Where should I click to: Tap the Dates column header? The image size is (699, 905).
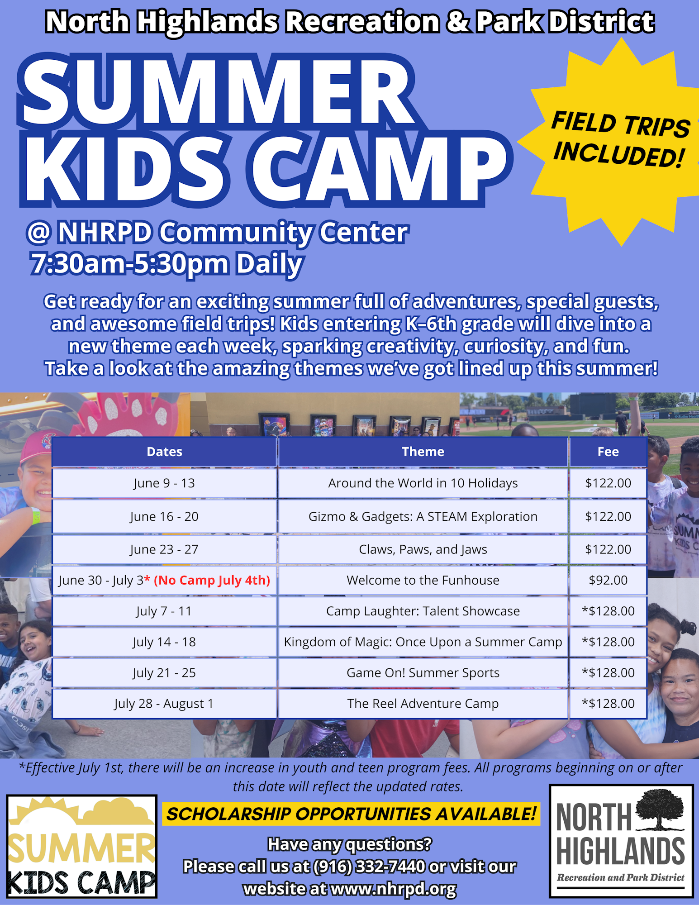tap(164, 452)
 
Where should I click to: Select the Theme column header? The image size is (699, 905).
tap(423, 452)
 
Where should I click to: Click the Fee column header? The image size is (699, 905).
tap(608, 452)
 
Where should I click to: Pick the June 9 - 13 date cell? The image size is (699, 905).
tap(164, 483)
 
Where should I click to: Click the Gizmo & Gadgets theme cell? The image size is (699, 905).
tap(423, 516)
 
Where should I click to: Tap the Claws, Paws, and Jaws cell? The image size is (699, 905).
tap(423, 549)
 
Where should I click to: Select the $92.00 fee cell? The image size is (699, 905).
tap(608, 580)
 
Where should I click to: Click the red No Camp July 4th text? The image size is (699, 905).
tap(212, 580)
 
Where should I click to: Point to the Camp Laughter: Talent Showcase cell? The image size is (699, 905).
tap(423, 611)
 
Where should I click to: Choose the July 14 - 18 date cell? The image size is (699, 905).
tap(164, 642)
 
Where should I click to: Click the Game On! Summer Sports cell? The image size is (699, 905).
tap(423, 673)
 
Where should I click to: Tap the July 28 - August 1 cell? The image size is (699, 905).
tap(164, 704)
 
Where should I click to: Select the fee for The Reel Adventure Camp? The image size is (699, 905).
tap(608, 704)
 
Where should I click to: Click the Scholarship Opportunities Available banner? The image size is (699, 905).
tap(351, 814)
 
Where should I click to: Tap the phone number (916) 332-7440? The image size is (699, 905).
tap(369, 867)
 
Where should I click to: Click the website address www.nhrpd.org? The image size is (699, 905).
tap(393, 889)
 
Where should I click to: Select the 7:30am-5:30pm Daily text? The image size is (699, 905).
tap(166, 264)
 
